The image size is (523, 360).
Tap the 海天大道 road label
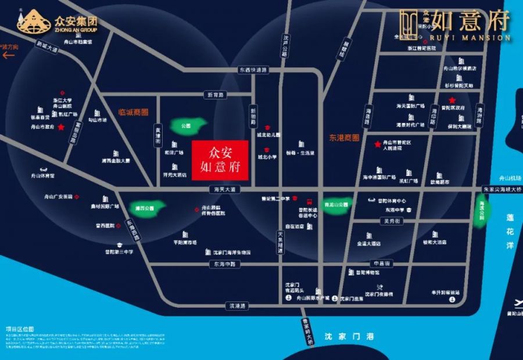pyautogui.click(x=224, y=190)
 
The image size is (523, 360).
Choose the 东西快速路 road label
pyautogui.click(x=253, y=70)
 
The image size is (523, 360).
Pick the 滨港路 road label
pyautogui.click(x=239, y=305)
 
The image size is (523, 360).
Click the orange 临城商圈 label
pyautogui.click(x=133, y=111)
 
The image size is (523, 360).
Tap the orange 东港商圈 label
pyautogui.click(x=344, y=138)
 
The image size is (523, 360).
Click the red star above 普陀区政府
pyautogui.click(x=452, y=100)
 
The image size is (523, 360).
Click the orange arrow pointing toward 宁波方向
pyautogui.click(x=9, y=56)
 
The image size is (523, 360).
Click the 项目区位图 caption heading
pyautogui.click(x=20, y=329)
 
